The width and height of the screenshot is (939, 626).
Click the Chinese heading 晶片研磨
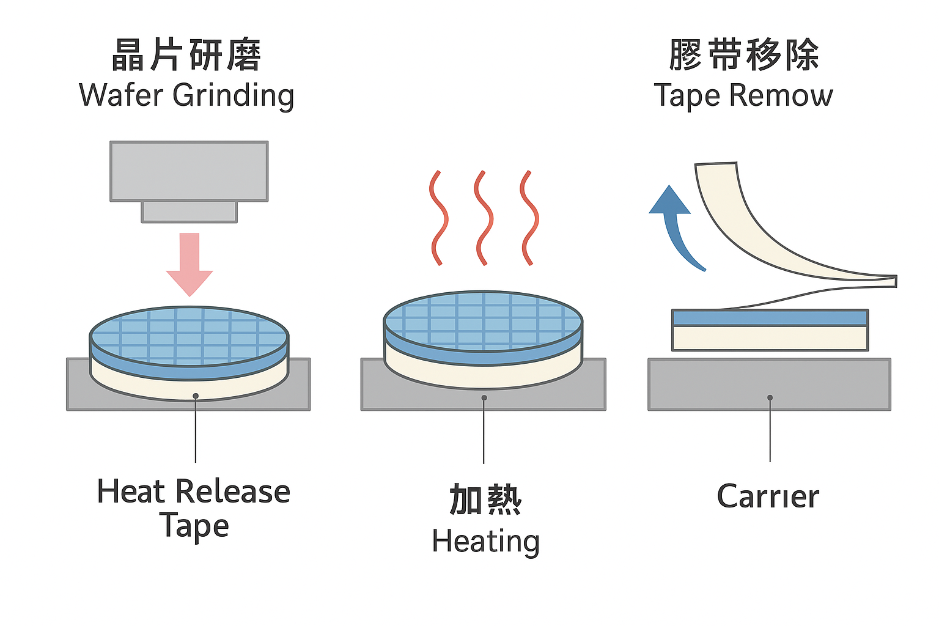(x=186, y=55)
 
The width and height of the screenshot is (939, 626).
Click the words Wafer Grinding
(x=186, y=95)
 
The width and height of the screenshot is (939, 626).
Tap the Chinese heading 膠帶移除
(x=744, y=55)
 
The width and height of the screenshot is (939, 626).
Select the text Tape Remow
(x=743, y=95)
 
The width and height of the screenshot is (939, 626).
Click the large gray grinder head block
(x=189, y=171)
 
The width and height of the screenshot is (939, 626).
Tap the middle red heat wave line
(x=484, y=218)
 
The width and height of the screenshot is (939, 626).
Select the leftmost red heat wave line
(x=438, y=218)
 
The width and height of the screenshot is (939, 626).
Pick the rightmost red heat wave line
(x=529, y=218)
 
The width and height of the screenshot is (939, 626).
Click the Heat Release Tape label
(x=194, y=508)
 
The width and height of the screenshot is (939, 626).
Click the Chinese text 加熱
(x=485, y=499)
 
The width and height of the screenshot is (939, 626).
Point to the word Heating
(x=485, y=542)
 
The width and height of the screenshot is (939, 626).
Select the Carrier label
(x=768, y=496)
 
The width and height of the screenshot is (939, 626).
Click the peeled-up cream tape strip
(x=752, y=232)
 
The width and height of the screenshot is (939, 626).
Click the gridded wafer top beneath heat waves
(x=483, y=321)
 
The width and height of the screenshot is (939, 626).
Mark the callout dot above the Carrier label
(x=770, y=397)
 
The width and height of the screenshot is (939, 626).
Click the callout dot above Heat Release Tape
(x=196, y=396)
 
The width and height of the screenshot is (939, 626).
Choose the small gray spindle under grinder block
(x=189, y=212)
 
